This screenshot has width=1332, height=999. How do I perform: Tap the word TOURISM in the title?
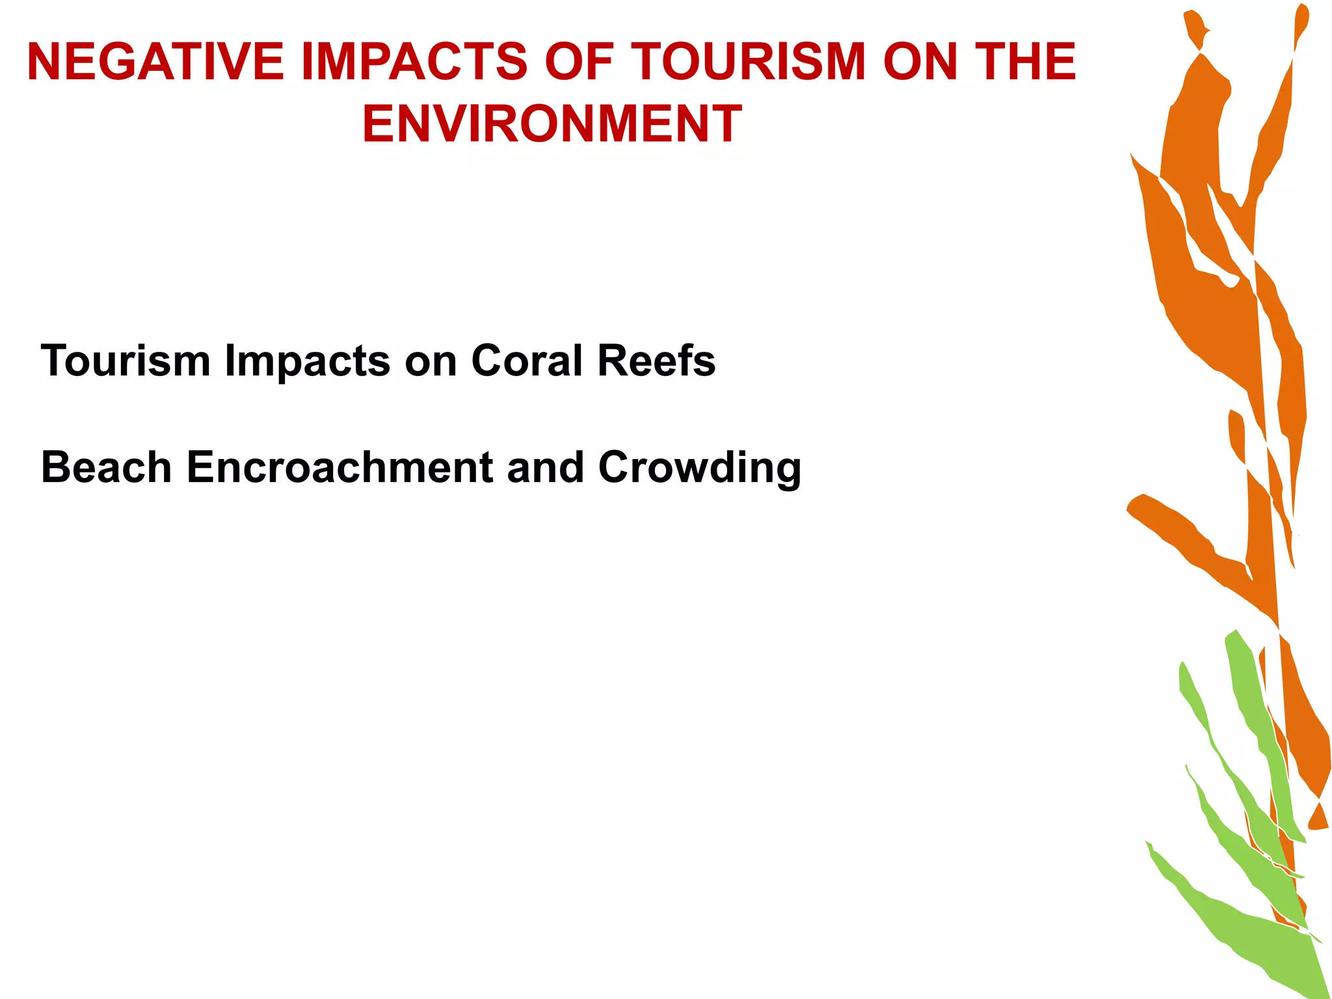[x=748, y=62]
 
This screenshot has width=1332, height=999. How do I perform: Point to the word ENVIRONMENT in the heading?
[x=552, y=124]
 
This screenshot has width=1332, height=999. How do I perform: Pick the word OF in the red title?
[x=579, y=62]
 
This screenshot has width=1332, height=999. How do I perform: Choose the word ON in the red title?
[x=920, y=62]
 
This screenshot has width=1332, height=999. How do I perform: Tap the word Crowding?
[x=699, y=468]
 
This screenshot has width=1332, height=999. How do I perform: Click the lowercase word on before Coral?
[x=431, y=362]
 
